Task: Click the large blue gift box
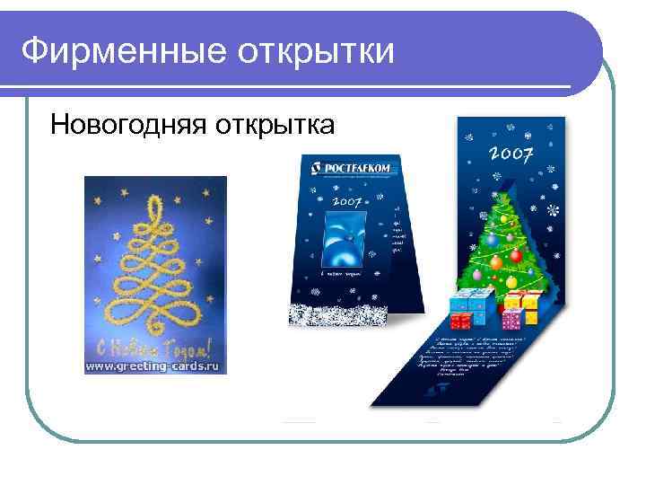pos(469,304)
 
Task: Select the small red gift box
pos(458,321)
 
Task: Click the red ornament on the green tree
pos(516,255)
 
